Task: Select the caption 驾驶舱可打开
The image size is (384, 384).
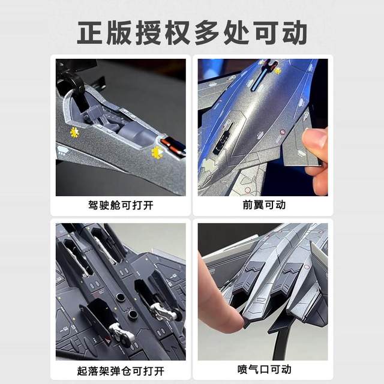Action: [x=121, y=205]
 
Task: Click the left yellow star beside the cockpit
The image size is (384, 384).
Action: [x=75, y=131]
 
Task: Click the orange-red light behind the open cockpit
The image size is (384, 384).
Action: [x=172, y=144]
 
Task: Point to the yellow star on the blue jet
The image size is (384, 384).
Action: [x=277, y=70]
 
